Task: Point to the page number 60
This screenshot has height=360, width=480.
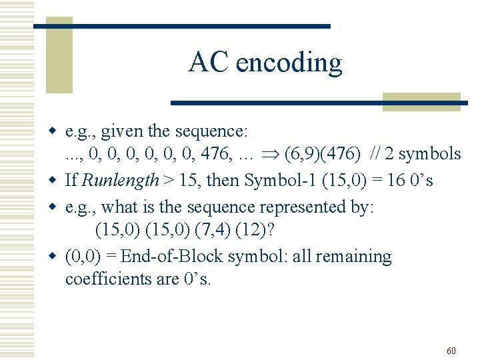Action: tap(451, 351)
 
